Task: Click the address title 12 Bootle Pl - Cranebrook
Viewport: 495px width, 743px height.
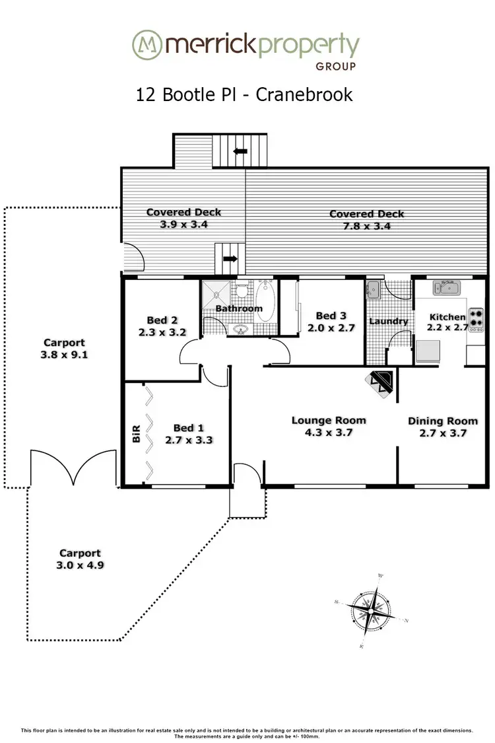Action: [244, 94]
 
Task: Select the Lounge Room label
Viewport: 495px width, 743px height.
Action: [329, 420]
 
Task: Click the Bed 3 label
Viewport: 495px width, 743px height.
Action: [331, 316]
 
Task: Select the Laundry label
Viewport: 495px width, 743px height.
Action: [388, 322]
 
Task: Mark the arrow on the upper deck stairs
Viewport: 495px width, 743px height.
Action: [240, 151]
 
